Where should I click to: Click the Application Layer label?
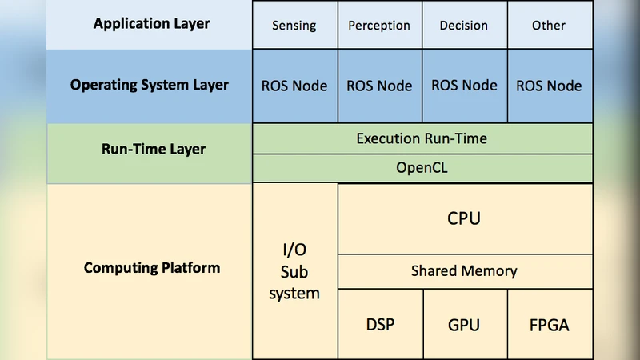(151, 24)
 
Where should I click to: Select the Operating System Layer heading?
(150, 85)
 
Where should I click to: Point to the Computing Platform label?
(151, 267)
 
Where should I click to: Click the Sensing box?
(294, 26)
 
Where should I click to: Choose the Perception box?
(379, 26)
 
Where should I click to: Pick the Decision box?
(464, 26)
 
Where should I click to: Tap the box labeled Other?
(550, 26)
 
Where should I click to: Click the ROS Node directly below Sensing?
(294, 86)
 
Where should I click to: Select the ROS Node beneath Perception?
(379, 86)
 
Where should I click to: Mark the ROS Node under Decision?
(464, 86)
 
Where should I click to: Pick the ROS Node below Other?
(550, 86)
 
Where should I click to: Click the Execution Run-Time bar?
(422, 138)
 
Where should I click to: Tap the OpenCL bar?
(422, 168)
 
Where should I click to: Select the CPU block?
(464, 218)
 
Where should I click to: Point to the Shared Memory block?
(464, 271)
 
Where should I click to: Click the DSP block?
(380, 324)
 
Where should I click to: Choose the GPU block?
(464, 324)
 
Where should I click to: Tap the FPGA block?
(550, 324)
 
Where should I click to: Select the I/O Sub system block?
(294, 271)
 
